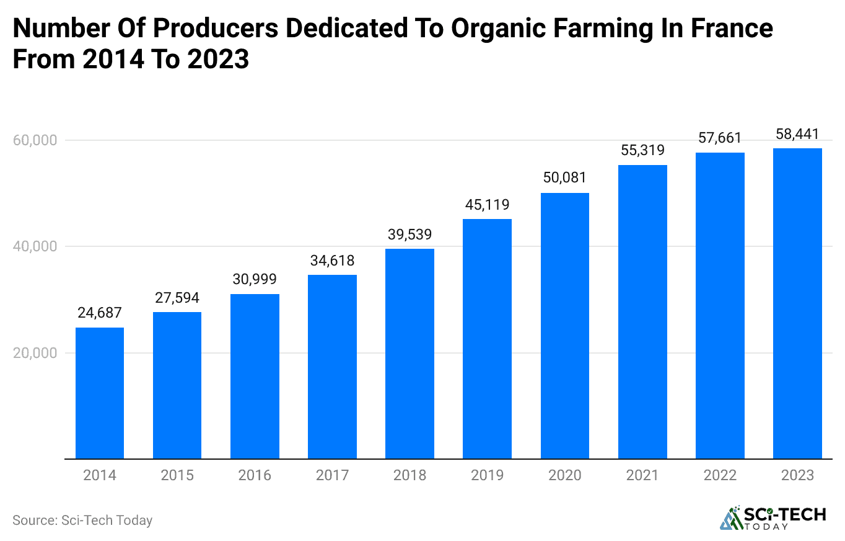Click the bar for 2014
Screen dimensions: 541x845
point(100,393)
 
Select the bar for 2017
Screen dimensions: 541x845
point(332,367)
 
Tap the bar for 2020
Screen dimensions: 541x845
point(564,326)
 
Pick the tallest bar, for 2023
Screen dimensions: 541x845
point(797,303)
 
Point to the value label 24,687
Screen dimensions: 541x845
point(100,313)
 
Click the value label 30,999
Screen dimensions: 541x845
point(255,279)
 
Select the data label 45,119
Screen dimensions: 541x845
point(487,204)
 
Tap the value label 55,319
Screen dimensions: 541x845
point(642,150)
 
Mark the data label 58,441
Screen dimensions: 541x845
point(797,133)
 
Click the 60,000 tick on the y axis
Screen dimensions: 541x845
point(35,140)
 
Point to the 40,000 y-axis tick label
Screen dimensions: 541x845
point(35,246)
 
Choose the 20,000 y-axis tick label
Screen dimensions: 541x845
point(35,353)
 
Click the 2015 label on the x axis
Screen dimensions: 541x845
point(177,475)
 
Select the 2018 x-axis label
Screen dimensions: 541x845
point(409,475)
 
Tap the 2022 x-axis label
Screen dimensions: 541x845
point(720,475)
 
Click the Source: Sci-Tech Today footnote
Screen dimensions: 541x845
point(82,520)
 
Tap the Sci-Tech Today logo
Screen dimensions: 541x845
point(773,519)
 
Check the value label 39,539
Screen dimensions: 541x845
point(409,234)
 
